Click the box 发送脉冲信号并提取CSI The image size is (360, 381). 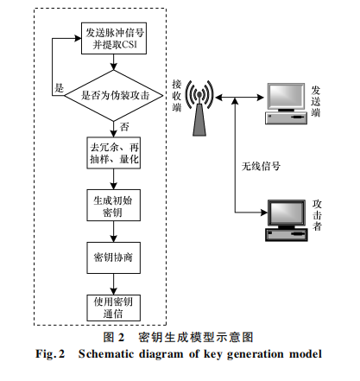pyautogui.click(x=114, y=38)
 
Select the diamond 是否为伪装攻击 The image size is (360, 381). pyautogui.click(x=114, y=95)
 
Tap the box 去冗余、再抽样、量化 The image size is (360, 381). pyautogui.click(x=114, y=153)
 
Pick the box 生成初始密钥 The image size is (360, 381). pyautogui.click(x=114, y=205)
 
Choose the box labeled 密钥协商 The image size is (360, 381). pyautogui.click(x=114, y=257)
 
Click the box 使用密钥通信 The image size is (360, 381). pyautogui.click(x=114, y=308)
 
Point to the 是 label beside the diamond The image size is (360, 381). pyautogui.click(x=59, y=88)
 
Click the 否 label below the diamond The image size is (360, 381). pyautogui.click(x=124, y=127)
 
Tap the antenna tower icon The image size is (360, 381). pyautogui.click(x=199, y=108)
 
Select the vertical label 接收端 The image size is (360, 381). pyautogui.click(x=177, y=96)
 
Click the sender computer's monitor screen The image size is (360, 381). pyautogui.click(x=286, y=97)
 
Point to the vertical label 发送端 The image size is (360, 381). pyautogui.click(x=316, y=101)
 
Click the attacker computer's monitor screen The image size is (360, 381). pyautogui.click(x=287, y=213)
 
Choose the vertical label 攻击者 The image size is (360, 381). pyautogui.click(x=317, y=215)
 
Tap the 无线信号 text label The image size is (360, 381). pyautogui.click(x=261, y=166)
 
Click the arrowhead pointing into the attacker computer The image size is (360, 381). pyautogui.click(x=264, y=213)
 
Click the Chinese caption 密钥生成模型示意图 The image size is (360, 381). pyautogui.click(x=196, y=337)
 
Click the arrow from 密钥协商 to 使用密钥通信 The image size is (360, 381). pyautogui.click(x=114, y=284)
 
